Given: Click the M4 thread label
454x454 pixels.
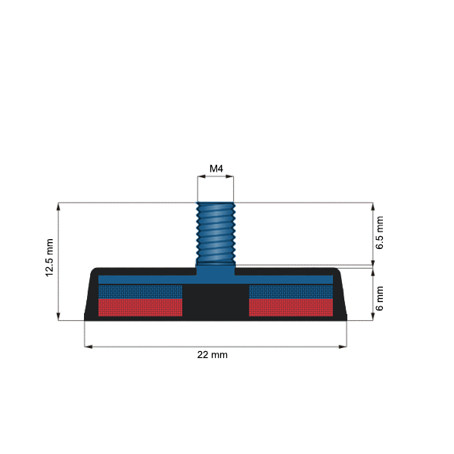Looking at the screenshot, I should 216,168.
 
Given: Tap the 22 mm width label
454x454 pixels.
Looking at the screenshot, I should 213,354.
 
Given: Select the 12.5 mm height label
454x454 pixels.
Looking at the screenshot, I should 50,259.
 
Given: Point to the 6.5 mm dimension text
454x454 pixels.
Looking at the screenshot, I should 380,233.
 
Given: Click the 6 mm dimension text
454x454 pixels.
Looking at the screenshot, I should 380,297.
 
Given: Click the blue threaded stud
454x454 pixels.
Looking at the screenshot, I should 216,231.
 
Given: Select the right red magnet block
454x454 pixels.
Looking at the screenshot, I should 290,306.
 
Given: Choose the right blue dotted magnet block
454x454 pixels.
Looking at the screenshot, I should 290,291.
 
